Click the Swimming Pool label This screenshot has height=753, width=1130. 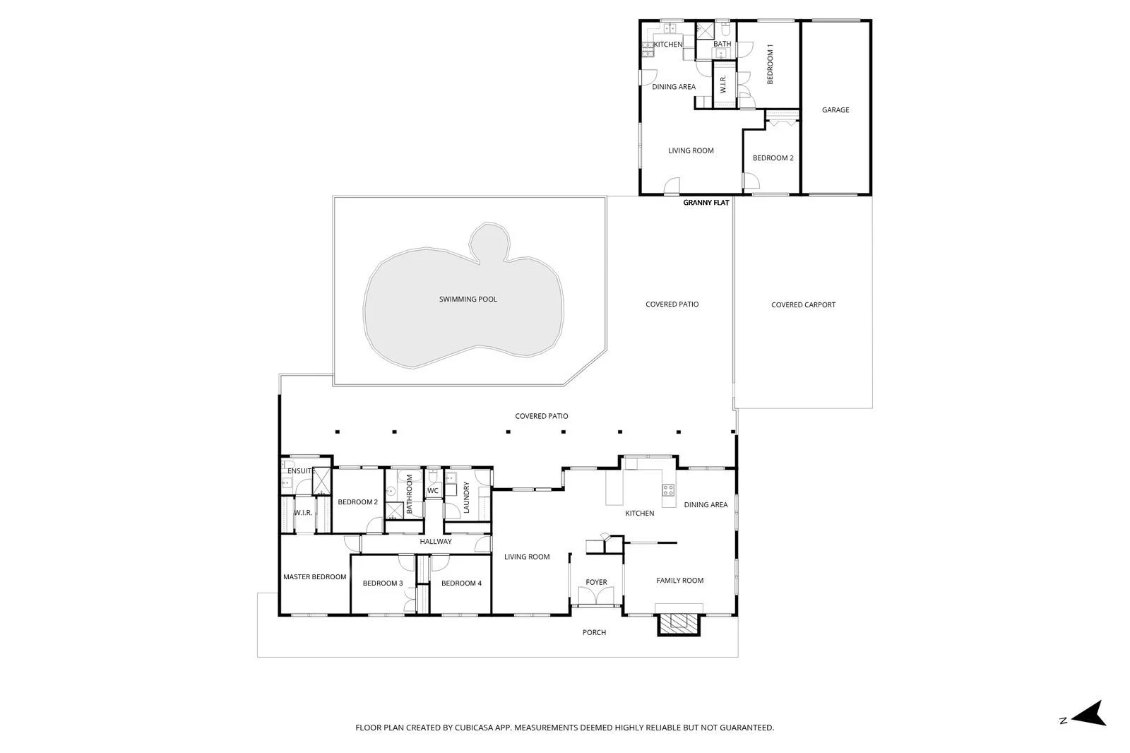[x=468, y=299]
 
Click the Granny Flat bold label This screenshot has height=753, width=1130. [x=706, y=203]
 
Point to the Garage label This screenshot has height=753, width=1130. [x=835, y=109]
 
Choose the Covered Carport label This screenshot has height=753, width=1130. [x=803, y=304]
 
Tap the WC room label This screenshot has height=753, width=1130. [x=433, y=490]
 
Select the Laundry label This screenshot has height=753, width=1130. [x=467, y=497]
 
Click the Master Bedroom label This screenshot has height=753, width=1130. [x=314, y=576]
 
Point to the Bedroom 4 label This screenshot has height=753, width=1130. [x=461, y=583]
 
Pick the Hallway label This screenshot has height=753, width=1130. [x=435, y=541]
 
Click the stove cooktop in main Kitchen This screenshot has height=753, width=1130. [x=668, y=490]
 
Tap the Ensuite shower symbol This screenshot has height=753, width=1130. [x=321, y=480]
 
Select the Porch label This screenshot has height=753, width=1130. [x=594, y=632]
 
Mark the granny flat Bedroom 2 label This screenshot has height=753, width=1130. [x=773, y=158]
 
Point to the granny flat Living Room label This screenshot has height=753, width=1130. [x=691, y=150]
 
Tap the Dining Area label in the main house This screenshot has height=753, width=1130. [x=706, y=504]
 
